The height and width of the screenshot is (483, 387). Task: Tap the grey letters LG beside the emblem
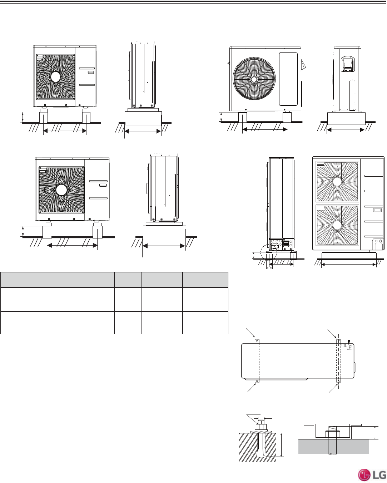click(379, 474)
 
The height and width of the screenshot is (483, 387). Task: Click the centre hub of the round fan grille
click(254, 79)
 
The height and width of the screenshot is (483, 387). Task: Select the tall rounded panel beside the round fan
click(288, 79)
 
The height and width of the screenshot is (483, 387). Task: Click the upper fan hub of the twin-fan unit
click(337, 182)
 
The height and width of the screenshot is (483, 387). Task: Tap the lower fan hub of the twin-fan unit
click(337, 225)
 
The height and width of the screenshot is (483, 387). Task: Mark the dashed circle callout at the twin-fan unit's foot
click(269, 252)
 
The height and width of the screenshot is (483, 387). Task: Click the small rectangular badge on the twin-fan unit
click(377, 210)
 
